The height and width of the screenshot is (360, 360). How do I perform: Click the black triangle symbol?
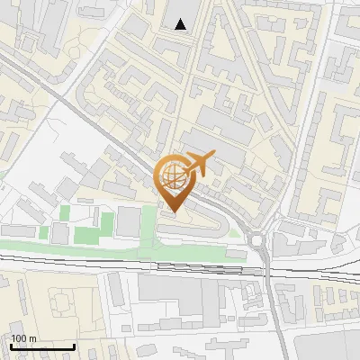click(x=182, y=24)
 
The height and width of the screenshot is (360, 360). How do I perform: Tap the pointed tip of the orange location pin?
click(x=174, y=211)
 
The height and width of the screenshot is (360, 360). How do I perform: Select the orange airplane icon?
click(x=200, y=164)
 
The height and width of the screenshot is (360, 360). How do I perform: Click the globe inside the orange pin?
click(x=174, y=175)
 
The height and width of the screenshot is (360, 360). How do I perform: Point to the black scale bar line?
click(x=41, y=346)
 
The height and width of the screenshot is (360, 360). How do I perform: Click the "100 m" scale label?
click(x=23, y=338)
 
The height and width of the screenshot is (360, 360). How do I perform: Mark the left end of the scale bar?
click(x=10, y=346)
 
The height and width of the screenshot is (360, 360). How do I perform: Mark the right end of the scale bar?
click(x=74, y=346)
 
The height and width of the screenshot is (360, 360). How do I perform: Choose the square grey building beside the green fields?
click(x=129, y=221)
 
